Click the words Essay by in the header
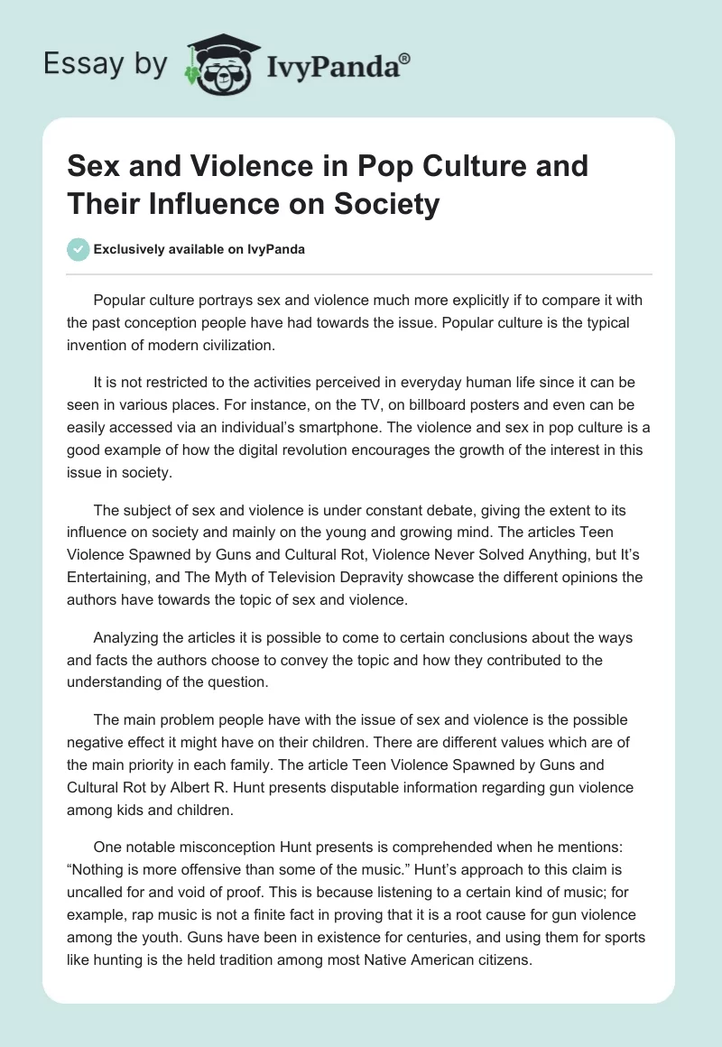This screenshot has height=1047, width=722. click(x=105, y=64)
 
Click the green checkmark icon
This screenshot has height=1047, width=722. click(x=79, y=249)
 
